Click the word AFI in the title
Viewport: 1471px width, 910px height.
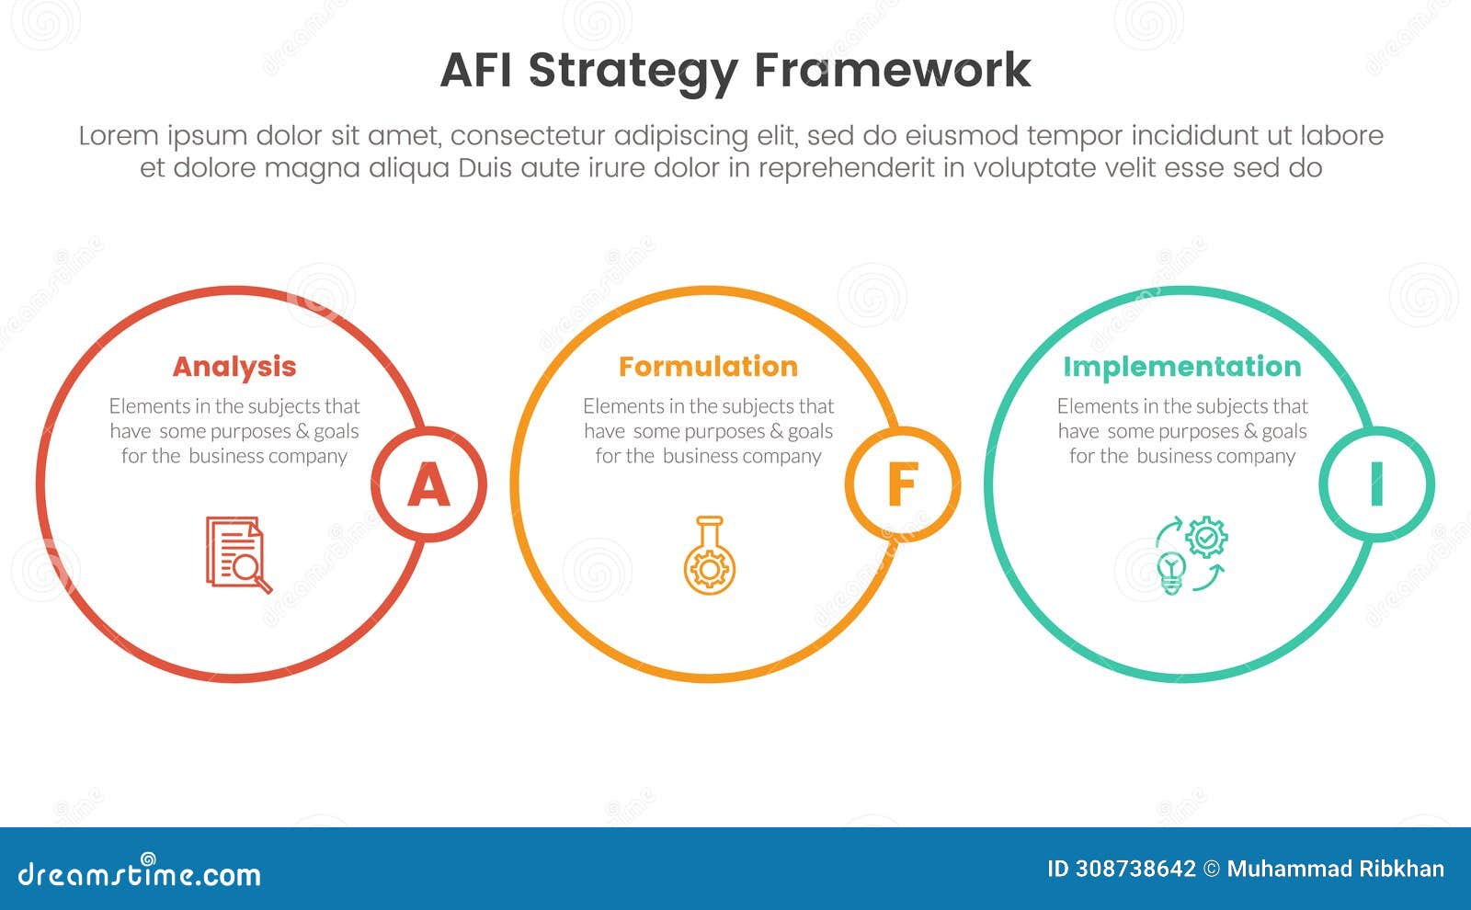pos(478,70)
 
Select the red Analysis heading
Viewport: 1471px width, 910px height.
pos(234,367)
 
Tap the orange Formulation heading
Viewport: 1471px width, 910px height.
pos(708,367)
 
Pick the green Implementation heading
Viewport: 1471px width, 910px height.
pos(1181,367)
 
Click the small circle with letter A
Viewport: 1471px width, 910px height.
pos(428,484)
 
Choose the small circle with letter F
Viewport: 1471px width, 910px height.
pos(902,484)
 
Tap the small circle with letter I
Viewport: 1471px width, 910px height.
pos(1376,484)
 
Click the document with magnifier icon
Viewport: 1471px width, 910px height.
pos(238,554)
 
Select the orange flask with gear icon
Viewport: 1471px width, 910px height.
pos(709,555)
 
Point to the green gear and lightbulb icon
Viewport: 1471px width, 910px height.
pos(1192,554)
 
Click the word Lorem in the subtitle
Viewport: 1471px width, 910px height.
pos(119,136)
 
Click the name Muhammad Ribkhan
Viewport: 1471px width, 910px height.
pos(1335,869)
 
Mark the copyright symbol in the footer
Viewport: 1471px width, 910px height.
pos(1212,869)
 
